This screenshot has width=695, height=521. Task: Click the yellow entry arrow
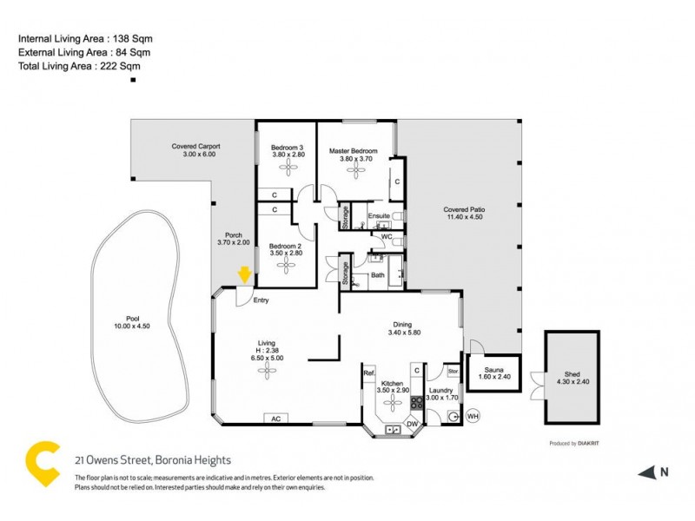245,274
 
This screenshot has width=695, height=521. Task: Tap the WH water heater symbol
473,415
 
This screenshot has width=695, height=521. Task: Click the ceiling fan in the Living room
265,372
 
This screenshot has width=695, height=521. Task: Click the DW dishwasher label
413,423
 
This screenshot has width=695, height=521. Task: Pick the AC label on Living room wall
276,419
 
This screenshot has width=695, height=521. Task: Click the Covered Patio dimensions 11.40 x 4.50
463,217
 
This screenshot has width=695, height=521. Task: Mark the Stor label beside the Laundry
453,371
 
